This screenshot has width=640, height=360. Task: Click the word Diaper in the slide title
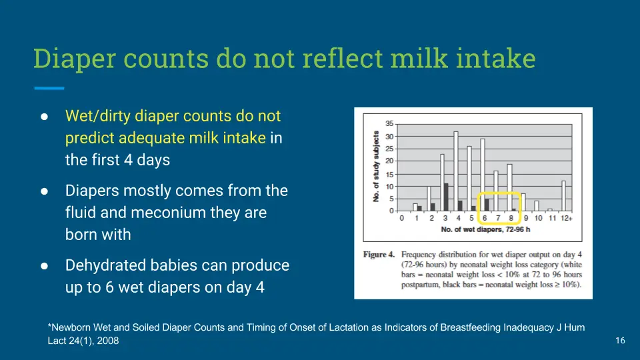75,59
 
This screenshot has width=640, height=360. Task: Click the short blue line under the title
49,88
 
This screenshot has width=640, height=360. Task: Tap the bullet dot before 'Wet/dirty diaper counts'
44,117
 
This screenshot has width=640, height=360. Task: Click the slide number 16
620,341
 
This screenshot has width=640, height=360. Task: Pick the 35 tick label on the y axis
389,124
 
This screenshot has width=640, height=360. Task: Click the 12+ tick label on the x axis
566,219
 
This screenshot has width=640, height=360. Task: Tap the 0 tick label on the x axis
402,219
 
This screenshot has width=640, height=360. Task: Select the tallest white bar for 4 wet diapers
456,171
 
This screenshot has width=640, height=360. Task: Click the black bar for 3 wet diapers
446,197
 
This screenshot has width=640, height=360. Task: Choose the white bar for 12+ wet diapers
564,196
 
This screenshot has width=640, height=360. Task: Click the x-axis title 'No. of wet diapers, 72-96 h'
485,229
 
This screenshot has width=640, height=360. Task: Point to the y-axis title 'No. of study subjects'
376,167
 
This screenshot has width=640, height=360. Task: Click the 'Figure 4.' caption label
379,255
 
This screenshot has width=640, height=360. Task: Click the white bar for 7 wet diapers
496,191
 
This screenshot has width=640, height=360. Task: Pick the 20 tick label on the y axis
389,161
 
